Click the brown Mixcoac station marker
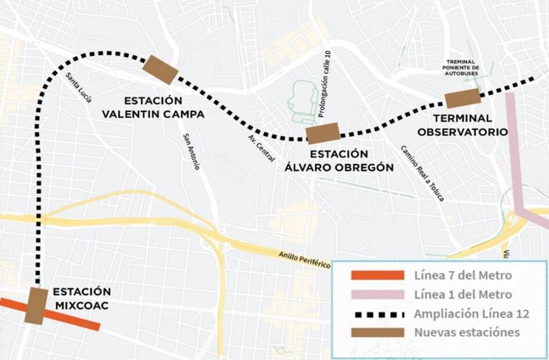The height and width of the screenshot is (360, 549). tap(36, 305)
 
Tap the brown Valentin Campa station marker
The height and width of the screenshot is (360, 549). tap(160, 70)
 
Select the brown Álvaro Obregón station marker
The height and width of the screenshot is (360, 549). tap(323, 133)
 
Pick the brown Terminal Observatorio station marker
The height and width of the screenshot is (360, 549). tap(463, 99)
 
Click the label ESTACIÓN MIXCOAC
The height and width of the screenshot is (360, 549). tap(81, 298)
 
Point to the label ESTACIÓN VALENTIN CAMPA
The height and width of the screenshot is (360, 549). tap(153, 107)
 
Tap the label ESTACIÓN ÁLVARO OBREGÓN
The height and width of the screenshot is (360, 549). tap(339, 161)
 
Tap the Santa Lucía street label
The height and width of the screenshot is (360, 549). tap(78, 88)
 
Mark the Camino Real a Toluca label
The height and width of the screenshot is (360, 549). tap(422, 173)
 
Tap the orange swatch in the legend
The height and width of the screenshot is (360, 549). tap(377, 275)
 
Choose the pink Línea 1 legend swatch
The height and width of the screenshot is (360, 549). tap(377, 294)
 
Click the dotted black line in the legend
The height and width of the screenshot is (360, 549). tap(377, 314)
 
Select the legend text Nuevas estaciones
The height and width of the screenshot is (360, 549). tap(467, 333)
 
